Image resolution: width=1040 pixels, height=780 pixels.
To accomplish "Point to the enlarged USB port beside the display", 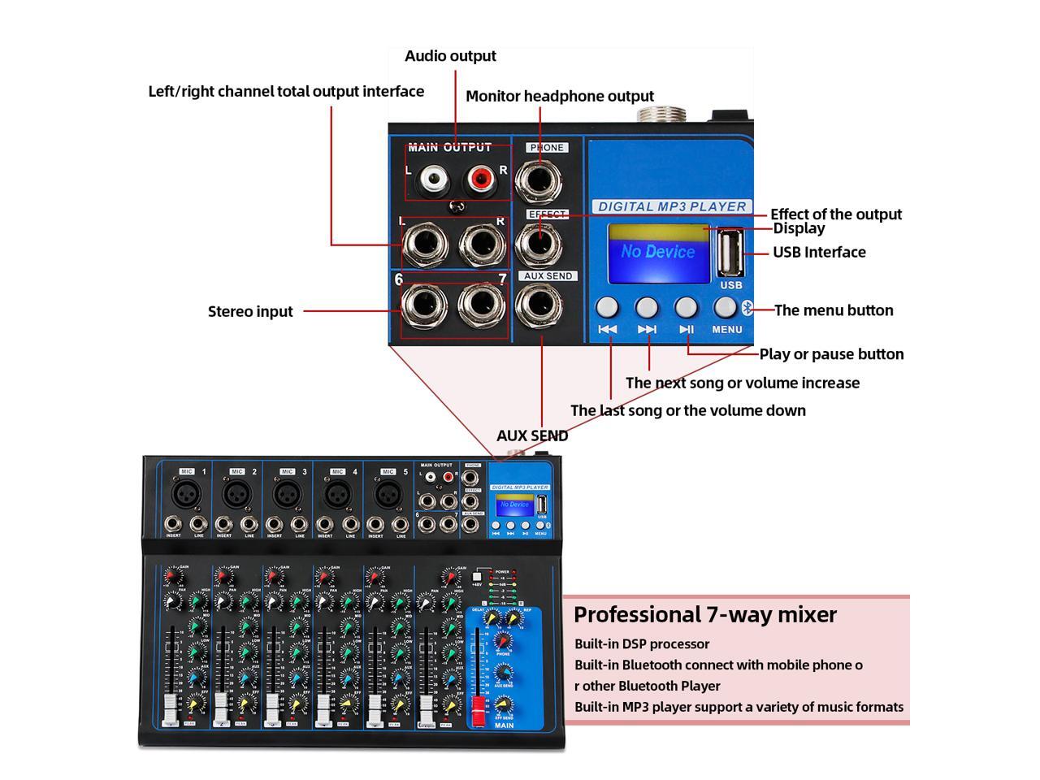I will [x=730, y=253].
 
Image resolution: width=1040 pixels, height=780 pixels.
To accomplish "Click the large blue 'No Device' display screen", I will [x=659, y=253].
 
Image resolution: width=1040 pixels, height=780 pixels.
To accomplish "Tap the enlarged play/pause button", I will [x=687, y=307].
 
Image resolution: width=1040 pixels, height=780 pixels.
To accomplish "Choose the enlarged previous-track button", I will [x=607, y=307].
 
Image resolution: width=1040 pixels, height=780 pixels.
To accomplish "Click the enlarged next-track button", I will [x=647, y=307].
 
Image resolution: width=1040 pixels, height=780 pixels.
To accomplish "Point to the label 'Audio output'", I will [x=450, y=56].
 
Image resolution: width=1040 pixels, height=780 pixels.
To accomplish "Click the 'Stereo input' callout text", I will [x=250, y=311].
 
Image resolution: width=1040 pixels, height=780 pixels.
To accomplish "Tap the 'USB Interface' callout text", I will [x=819, y=252].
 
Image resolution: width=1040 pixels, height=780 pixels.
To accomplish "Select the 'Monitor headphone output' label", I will [x=560, y=96].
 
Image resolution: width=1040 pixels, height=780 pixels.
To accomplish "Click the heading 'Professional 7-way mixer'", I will [x=704, y=614].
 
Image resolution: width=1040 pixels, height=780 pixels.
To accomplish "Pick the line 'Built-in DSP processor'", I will [x=642, y=643].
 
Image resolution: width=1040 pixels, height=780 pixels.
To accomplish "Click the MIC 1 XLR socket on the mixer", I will [x=186, y=493].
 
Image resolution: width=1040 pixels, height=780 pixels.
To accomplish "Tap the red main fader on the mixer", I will [x=479, y=704].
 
